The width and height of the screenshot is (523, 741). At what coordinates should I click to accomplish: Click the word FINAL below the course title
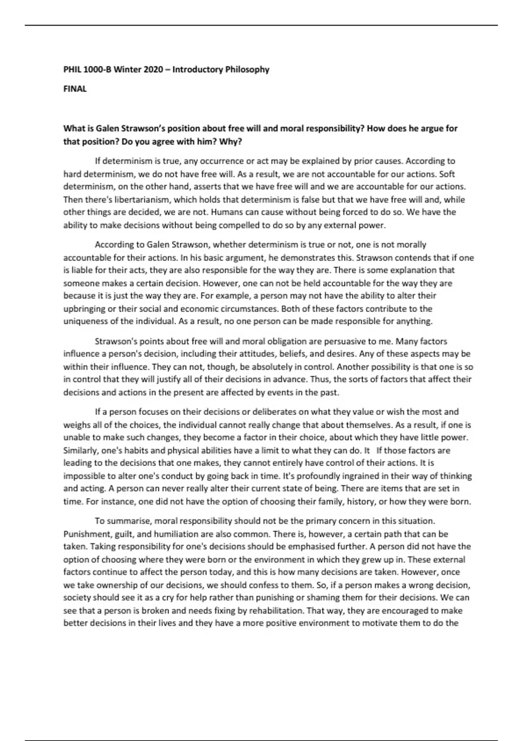click(75, 89)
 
